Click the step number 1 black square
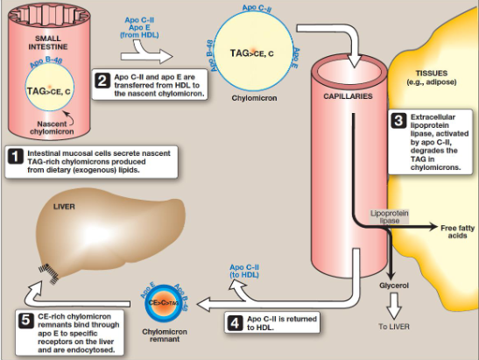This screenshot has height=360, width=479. click(x=15, y=158)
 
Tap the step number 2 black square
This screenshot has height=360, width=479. click(x=102, y=81)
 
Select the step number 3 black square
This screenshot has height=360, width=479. click(x=398, y=120)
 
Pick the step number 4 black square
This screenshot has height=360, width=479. click(x=235, y=321)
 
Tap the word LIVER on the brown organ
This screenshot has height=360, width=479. click(x=66, y=207)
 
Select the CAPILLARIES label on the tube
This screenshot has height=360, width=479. click(x=349, y=95)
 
